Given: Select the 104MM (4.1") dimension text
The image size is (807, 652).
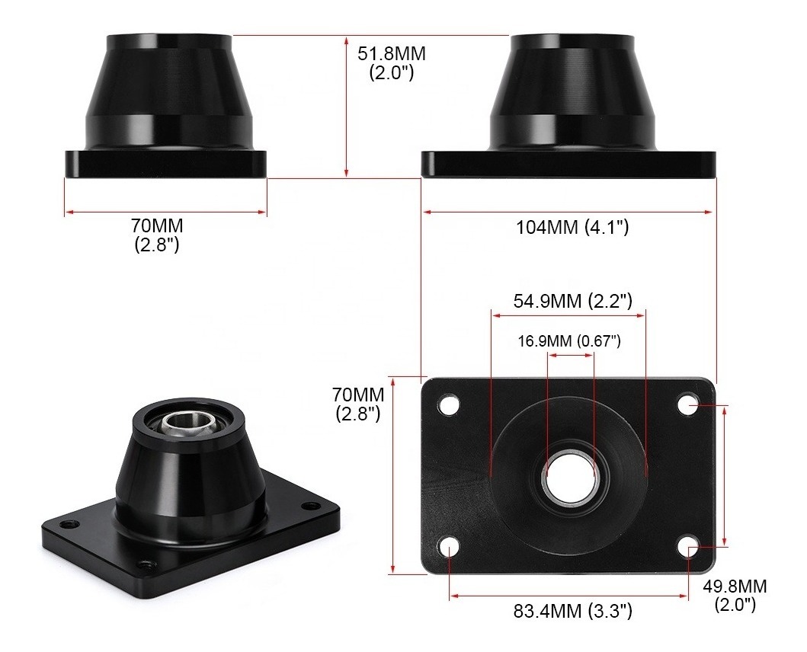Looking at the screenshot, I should [x=572, y=227].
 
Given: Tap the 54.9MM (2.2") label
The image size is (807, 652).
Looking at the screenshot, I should [x=572, y=301].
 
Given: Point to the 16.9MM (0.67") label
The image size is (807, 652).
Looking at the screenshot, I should [x=569, y=340].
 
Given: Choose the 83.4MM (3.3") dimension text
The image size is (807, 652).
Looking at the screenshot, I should [x=572, y=611].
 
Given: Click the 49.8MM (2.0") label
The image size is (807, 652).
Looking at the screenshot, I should [x=735, y=595].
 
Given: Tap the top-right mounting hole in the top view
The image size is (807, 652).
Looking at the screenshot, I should [x=690, y=404].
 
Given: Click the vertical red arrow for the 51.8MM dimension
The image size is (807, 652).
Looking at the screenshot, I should [x=347, y=107].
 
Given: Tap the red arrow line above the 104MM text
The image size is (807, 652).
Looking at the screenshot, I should [x=568, y=213].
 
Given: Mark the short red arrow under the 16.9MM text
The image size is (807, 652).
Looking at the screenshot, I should [x=570, y=354].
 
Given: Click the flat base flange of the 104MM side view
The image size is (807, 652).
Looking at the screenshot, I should [x=568, y=165].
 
